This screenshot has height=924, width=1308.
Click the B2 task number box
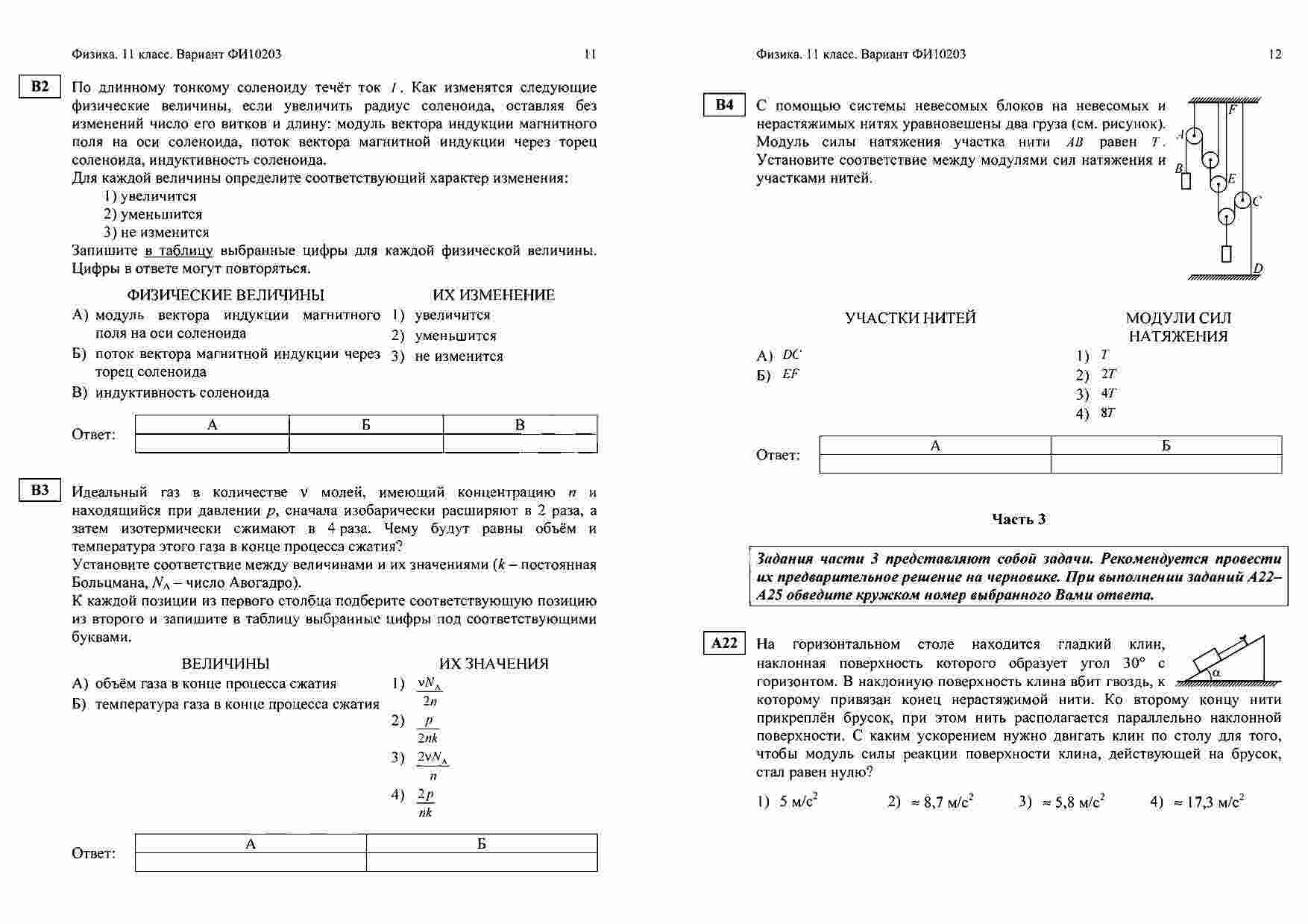pos(40,87)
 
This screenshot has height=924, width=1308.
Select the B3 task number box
pos(40,490)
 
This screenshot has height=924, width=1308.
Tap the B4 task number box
pos(724,105)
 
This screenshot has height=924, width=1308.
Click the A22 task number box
pos(724,643)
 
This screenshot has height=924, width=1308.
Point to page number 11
pos(590,54)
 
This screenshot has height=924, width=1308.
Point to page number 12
pos(1274,54)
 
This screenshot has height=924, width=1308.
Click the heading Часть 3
pos(1019,519)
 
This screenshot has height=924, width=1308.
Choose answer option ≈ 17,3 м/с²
pos(1207,802)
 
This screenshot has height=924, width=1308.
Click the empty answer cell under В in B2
pos(520,444)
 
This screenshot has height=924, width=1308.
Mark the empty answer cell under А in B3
pos(251,862)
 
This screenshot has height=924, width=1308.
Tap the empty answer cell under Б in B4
pos(1166,464)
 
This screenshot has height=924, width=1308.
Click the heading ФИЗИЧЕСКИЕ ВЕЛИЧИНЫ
pos(225,295)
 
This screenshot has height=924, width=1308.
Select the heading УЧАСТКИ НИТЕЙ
pos(910,318)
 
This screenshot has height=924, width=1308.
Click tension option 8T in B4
pos(1107,413)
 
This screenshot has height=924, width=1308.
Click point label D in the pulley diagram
pos(1259,269)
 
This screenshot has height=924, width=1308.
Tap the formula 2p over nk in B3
pos(426,803)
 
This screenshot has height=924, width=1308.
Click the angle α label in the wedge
pos(1216,673)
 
